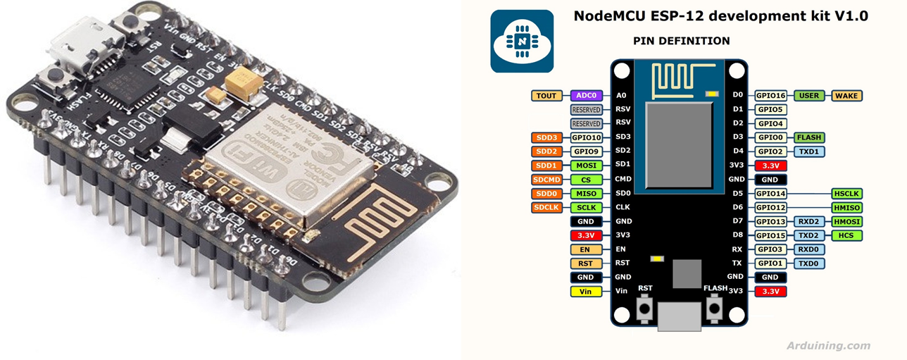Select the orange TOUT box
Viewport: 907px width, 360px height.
(x=546, y=95)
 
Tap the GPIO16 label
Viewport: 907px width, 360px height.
(x=771, y=95)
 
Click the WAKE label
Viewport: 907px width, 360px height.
(x=846, y=95)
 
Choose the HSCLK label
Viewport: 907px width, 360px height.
(x=846, y=193)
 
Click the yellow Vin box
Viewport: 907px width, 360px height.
(x=586, y=291)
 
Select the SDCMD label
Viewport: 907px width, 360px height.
(x=546, y=179)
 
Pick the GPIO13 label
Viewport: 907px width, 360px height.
(x=771, y=221)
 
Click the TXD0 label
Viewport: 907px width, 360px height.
(x=809, y=263)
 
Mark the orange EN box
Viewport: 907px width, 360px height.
(x=586, y=249)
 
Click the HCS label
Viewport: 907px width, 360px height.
(x=846, y=235)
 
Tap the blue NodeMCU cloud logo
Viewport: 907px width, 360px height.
(x=521, y=41)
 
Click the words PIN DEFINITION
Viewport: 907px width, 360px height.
(x=681, y=41)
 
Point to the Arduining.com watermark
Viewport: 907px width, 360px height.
(x=828, y=346)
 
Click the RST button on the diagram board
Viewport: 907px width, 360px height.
(x=645, y=306)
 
